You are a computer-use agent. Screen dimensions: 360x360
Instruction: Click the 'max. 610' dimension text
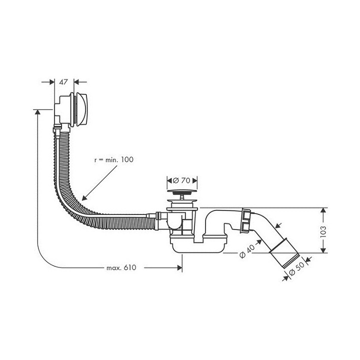[120, 268]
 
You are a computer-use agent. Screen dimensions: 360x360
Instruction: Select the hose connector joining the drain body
[159, 216]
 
